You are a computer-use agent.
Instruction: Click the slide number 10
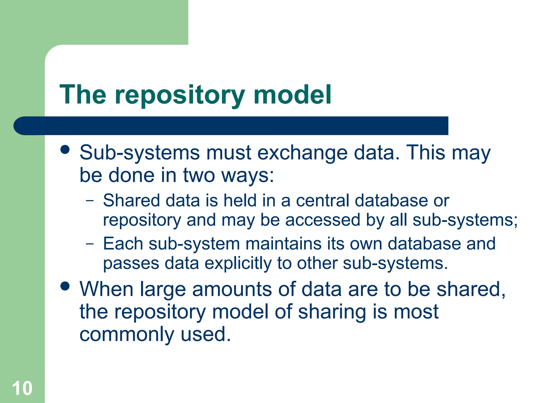click(x=22, y=388)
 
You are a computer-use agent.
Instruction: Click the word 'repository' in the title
click(x=180, y=95)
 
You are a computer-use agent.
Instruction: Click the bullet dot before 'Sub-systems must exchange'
click(x=65, y=150)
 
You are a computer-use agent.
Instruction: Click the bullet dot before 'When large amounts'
click(x=65, y=286)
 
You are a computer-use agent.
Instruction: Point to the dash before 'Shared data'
click(x=90, y=201)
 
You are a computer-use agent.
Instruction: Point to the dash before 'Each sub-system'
click(x=90, y=244)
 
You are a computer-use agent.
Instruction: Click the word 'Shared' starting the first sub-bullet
click(x=131, y=201)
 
